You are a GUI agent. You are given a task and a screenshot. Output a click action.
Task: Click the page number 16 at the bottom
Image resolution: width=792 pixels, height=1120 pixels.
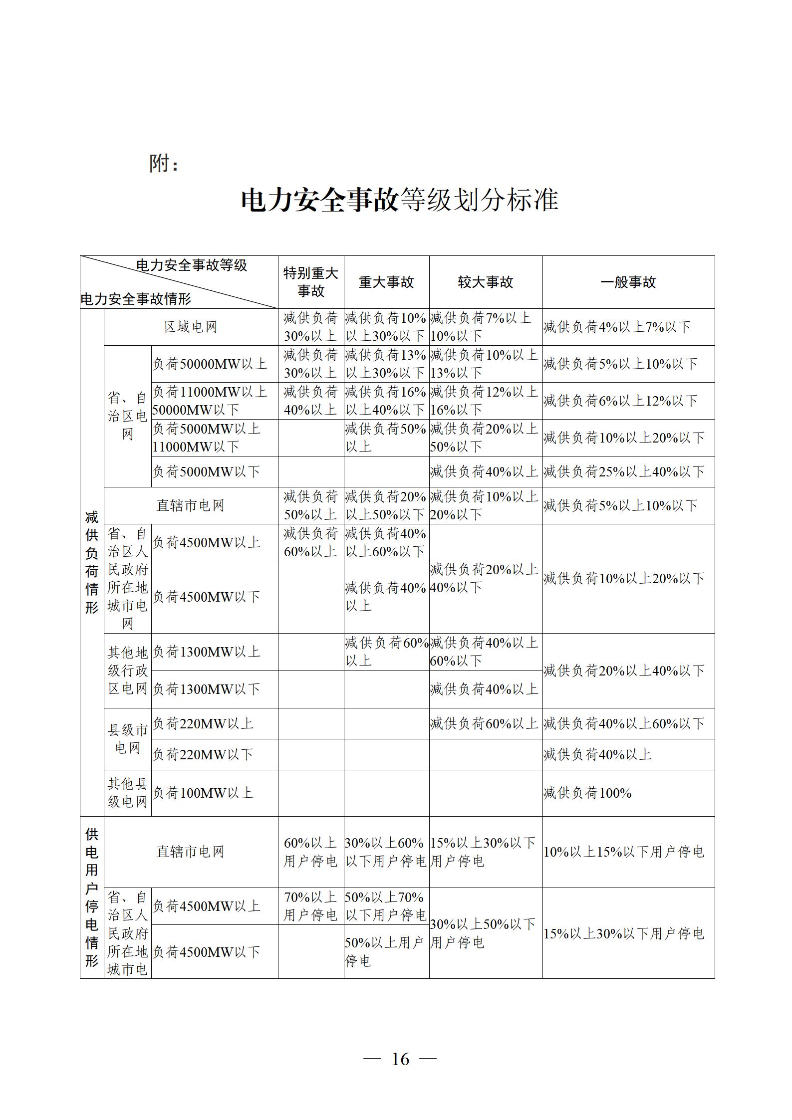[x=400, y=1059]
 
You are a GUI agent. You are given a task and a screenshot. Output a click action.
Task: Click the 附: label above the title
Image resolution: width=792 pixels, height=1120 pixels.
[x=164, y=163]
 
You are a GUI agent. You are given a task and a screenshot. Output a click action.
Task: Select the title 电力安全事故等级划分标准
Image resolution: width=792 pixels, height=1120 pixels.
[x=399, y=200]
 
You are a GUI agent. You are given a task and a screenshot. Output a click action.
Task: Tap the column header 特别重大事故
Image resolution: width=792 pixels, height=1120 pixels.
[x=310, y=282]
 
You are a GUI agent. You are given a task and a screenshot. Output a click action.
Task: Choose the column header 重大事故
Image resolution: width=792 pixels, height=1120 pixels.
[x=386, y=282]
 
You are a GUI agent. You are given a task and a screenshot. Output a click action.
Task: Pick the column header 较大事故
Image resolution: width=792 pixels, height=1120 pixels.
[x=486, y=282]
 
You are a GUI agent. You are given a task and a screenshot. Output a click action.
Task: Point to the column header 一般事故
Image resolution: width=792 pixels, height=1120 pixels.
[x=628, y=282]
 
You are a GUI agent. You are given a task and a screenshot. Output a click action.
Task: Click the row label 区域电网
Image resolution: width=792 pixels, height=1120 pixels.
[x=191, y=327]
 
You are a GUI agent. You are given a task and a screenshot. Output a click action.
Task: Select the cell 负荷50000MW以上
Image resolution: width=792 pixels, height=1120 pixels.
[x=210, y=364]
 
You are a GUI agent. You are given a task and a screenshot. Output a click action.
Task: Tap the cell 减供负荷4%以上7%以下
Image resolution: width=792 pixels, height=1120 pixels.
[x=617, y=327]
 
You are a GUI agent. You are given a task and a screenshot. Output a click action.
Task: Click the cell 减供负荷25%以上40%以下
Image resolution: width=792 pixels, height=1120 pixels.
[x=624, y=471]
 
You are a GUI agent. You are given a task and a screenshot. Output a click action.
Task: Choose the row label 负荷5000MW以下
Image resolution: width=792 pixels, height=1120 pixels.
[x=206, y=471]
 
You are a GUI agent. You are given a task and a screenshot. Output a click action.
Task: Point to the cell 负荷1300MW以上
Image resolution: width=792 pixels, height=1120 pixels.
[x=206, y=652]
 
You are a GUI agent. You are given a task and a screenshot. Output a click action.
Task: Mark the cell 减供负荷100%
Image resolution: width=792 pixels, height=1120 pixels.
[x=587, y=793]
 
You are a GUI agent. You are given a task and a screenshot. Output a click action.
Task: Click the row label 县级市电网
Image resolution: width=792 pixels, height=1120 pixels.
[x=128, y=739]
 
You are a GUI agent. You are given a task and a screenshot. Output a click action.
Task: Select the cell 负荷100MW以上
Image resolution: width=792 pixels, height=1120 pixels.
[x=203, y=793]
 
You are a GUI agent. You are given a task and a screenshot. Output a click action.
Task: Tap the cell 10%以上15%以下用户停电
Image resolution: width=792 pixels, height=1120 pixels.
[x=624, y=852]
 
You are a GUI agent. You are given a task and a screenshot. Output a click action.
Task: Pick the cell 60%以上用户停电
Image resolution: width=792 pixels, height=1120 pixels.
[x=310, y=852]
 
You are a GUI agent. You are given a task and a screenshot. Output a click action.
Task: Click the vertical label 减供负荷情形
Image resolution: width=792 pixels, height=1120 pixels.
[x=92, y=562]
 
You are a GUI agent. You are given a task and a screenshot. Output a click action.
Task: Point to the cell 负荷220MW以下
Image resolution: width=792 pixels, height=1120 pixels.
[x=203, y=754]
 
